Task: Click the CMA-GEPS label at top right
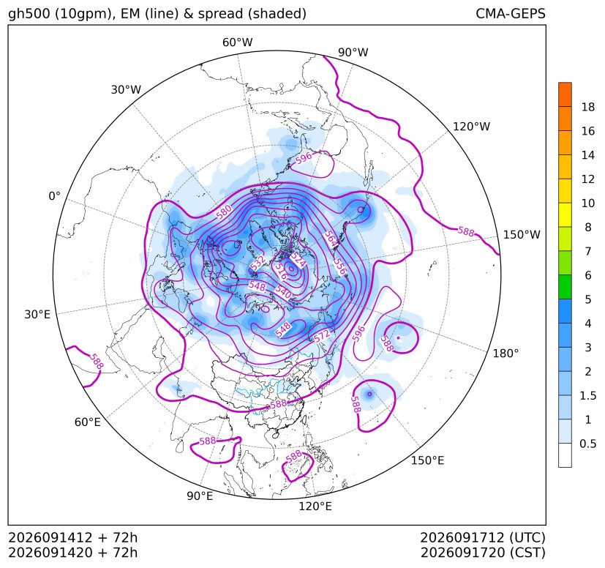point(511,13)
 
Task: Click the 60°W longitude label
point(237,42)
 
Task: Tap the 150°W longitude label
point(522,235)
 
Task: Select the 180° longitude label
point(506,354)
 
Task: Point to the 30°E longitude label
point(37,315)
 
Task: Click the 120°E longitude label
point(315,507)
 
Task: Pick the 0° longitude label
point(54,196)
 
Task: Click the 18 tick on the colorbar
point(587,108)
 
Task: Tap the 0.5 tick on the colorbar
point(587,444)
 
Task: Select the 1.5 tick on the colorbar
point(587,396)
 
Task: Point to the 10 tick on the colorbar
point(587,203)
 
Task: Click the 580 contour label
point(224,212)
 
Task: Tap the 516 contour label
point(282,272)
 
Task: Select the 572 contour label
point(322,335)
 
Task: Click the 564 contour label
point(331,239)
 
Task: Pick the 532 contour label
point(258,263)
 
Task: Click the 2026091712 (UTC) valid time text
point(483,538)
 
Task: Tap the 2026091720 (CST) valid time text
point(483,553)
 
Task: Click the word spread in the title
point(220,14)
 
